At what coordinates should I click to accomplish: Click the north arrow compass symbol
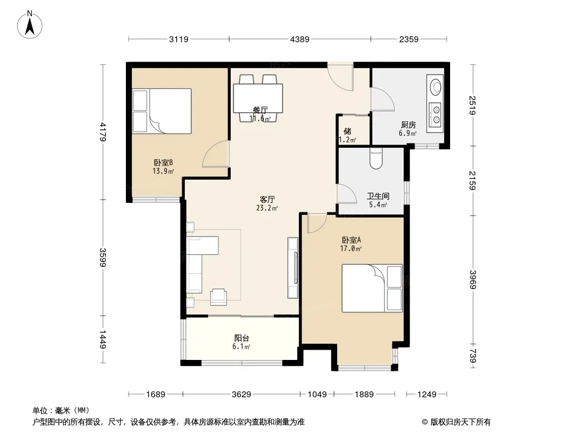pyautogui.click(x=30, y=25)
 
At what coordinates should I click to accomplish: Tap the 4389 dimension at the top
pyautogui.click(x=300, y=39)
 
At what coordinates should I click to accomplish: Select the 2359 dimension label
pyautogui.click(x=409, y=39)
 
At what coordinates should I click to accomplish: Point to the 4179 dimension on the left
pyautogui.click(x=103, y=132)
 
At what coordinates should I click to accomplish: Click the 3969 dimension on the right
pyautogui.click(x=473, y=280)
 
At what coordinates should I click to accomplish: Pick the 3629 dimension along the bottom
pyautogui.click(x=242, y=395)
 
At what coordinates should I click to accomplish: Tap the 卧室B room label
pyautogui.click(x=163, y=162)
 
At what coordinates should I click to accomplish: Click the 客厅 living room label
pyautogui.click(x=267, y=199)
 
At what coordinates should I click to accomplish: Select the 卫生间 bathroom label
pyautogui.click(x=378, y=196)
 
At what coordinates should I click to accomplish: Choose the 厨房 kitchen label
pyautogui.click(x=408, y=124)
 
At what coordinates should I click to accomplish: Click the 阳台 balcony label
pyautogui.click(x=242, y=338)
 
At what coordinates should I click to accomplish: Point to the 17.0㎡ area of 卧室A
pyautogui.click(x=351, y=248)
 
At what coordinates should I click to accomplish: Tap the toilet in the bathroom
pyautogui.click(x=376, y=158)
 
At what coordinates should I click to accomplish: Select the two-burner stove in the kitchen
pyautogui.click(x=436, y=114)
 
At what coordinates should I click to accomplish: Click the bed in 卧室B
pyautogui.click(x=162, y=111)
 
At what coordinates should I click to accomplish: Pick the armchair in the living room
pyautogui.click(x=219, y=297)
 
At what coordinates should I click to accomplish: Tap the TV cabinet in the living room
pyautogui.click(x=293, y=268)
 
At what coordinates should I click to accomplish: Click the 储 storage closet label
pyautogui.click(x=347, y=132)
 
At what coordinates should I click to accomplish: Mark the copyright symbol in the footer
pyautogui.click(x=425, y=422)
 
